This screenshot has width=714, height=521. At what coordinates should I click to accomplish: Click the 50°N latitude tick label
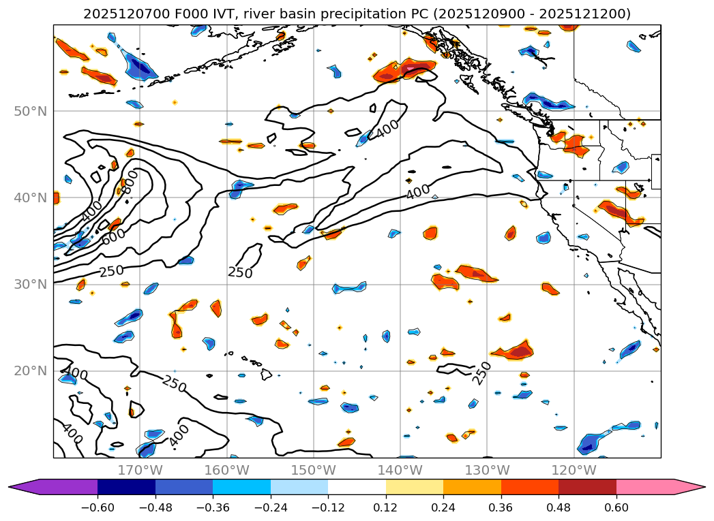(x=31, y=112)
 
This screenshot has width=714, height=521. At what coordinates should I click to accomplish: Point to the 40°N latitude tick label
(x=31, y=198)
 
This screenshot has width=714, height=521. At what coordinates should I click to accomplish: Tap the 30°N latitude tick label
(x=31, y=285)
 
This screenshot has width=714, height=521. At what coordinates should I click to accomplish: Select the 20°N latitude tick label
(x=31, y=371)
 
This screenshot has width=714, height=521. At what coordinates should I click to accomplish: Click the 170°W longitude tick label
(x=140, y=470)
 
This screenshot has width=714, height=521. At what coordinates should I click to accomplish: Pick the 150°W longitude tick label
(x=313, y=470)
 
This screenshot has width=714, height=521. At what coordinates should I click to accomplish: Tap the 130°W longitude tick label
(x=486, y=470)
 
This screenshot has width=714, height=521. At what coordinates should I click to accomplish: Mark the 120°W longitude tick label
(x=574, y=470)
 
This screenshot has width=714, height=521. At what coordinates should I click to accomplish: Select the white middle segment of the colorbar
(x=357, y=487)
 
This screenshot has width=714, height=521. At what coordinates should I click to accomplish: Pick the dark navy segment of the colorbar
(x=126, y=487)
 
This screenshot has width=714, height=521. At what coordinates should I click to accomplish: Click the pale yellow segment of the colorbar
(x=415, y=487)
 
